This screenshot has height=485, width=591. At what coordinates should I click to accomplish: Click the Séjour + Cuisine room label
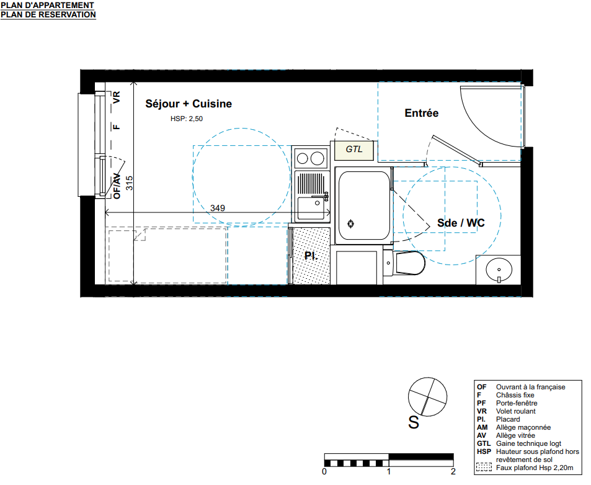(x=189, y=104)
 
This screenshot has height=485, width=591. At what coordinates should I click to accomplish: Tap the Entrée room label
(x=421, y=113)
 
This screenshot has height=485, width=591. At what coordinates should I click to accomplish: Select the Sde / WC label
(x=461, y=223)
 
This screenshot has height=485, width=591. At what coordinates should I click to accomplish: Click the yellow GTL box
(x=354, y=150)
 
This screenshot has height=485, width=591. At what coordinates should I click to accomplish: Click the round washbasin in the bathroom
(x=499, y=270)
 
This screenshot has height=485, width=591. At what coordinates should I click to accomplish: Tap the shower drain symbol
(x=350, y=224)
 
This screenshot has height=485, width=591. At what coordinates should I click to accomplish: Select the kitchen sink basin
(x=311, y=208)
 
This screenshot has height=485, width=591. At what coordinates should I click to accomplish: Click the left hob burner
(x=302, y=158)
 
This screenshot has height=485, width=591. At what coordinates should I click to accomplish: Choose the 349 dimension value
(x=218, y=208)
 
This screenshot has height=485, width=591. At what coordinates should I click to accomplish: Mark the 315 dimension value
(x=129, y=183)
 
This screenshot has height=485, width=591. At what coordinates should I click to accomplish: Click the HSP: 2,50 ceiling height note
(x=187, y=119)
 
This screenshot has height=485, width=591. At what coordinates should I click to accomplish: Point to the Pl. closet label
(x=311, y=256)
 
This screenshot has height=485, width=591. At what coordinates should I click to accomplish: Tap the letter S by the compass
(x=414, y=422)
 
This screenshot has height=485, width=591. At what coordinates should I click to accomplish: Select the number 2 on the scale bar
(x=453, y=471)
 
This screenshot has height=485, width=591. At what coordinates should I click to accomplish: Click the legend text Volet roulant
(x=515, y=411)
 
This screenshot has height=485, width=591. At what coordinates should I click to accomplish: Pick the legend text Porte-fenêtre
(x=517, y=403)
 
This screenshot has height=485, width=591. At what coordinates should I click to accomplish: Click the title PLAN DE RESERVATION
(x=48, y=15)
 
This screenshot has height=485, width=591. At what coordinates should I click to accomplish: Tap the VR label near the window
(x=117, y=97)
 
